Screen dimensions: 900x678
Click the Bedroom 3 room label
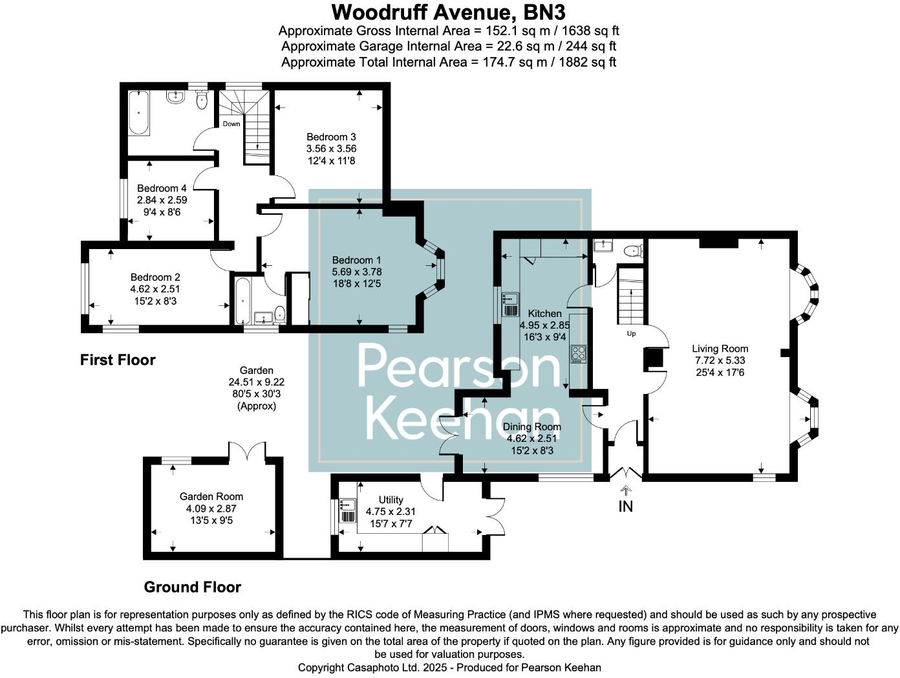click(x=331, y=137)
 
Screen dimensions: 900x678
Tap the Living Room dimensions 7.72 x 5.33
click(x=720, y=360)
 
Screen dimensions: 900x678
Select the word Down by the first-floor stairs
click(x=231, y=124)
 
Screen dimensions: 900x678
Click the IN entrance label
click(x=625, y=507)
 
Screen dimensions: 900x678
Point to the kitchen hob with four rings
click(x=578, y=354)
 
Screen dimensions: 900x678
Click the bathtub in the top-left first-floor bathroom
click(x=138, y=113)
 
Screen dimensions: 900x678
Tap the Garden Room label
click(x=211, y=496)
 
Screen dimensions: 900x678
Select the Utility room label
click(x=391, y=499)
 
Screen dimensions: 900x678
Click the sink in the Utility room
click(x=347, y=510)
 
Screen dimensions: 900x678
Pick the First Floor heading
click(x=118, y=360)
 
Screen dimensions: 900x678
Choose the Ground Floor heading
click(x=192, y=587)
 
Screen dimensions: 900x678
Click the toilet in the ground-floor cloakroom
click(x=633, y=250)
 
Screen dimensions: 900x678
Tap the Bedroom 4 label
click(x=162, y=188)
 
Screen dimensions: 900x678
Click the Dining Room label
click(x=532, y=426)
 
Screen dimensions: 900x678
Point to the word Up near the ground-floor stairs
click(x=631, y=333)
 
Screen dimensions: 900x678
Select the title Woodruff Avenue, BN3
click(x=449, y=12)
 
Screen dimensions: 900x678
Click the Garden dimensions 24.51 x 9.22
click(x=256, y=382)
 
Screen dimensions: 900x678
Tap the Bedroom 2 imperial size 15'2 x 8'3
click(x=155, y=301)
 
